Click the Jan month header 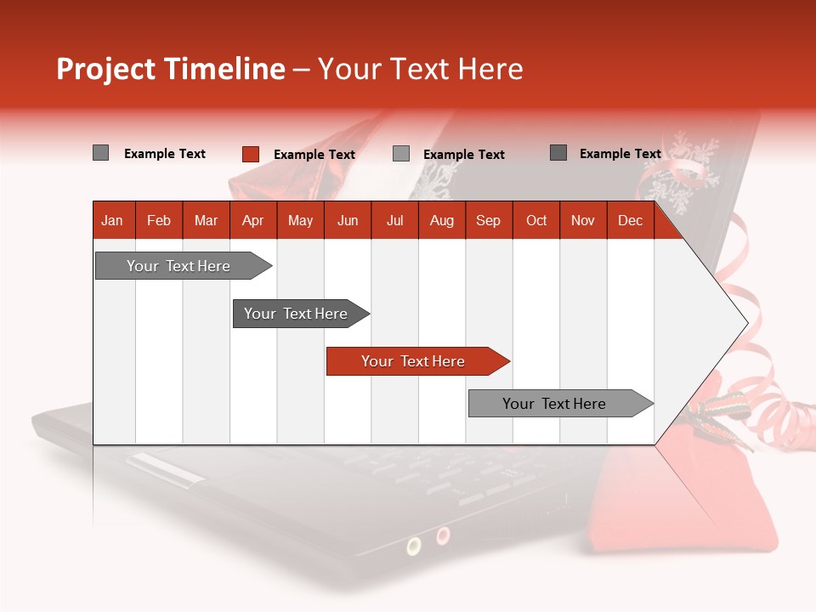(112, 221)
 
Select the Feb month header (159, 221)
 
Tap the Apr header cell (252, 221)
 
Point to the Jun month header (348, 221)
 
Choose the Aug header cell (441, 221)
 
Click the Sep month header (488, 221)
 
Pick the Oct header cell (536, 221)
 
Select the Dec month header (630, 221)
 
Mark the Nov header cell (583, 221)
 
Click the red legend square (251, 154)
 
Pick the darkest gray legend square (558, 153)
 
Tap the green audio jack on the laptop (414, 546)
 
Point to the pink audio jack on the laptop (443, 535)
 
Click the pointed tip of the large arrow (746, 323)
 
